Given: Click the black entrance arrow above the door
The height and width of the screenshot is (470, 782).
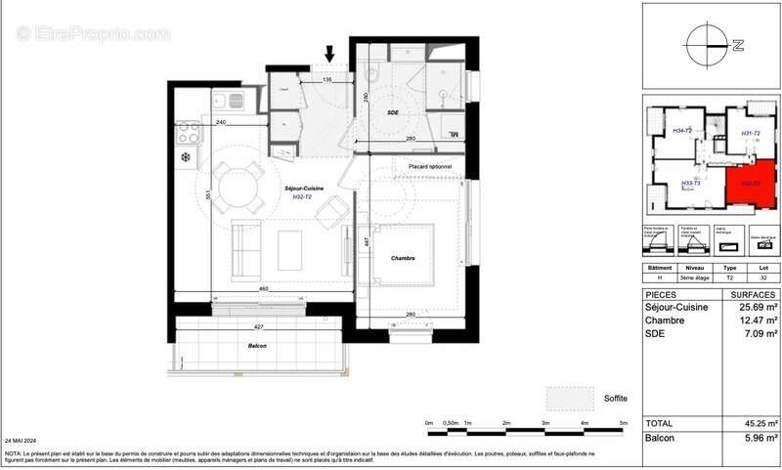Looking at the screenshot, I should [x=329, y=52].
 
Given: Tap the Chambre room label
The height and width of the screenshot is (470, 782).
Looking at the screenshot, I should [x=401, y=258].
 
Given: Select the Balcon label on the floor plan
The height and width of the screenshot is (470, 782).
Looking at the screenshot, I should [x=257, y=346].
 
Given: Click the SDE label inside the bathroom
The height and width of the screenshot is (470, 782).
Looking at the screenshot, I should [x=393, y=113].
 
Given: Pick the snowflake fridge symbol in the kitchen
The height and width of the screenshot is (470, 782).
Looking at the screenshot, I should [x=184, y=156].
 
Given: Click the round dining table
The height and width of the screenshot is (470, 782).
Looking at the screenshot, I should [x=234, y=184].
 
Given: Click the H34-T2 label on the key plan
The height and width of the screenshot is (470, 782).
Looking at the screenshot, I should [x=682, y=131].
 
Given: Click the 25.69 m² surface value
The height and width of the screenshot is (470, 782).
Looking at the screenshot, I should [x=759, y=308].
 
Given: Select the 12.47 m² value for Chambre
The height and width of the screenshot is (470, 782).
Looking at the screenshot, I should [x=759, y=320].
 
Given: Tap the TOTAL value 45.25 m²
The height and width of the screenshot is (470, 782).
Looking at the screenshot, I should [x=759, y=423].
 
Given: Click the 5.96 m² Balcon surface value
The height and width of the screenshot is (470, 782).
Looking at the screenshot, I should [x=759, y=438].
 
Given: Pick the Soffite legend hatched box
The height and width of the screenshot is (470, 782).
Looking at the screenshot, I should [x=570, y=399].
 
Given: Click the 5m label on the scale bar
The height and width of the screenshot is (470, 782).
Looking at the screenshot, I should [x=623, y=423].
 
